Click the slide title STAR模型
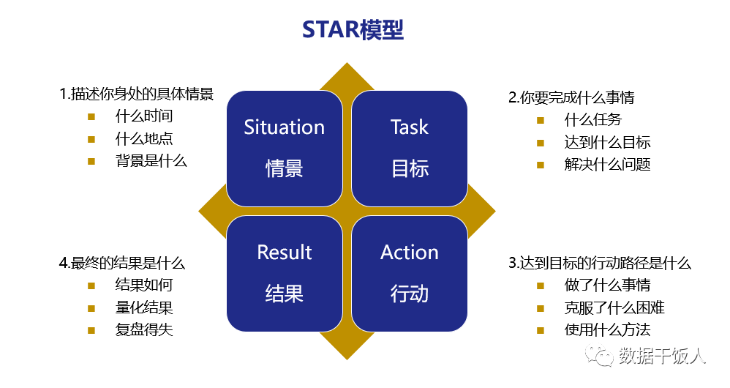coord(353,29)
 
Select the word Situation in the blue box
coord(284,127)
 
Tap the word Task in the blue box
coord(409,127)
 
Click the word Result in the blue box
coord(284,253)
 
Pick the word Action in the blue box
coord(409,253)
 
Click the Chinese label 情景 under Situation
coord(284,169)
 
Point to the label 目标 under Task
coord(409,169)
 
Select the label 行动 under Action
coord(409,294)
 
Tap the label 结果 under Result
coord(284,294)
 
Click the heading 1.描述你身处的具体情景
coord(136,94)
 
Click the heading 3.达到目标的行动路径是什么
coord(600,263)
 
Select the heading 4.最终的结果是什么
coord(121,263)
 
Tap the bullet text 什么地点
coord(144,138)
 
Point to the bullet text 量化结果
coord(144,307)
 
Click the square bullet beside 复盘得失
coord(91,329)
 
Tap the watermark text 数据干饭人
coord(662,357)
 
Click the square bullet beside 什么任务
coord(541,120)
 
